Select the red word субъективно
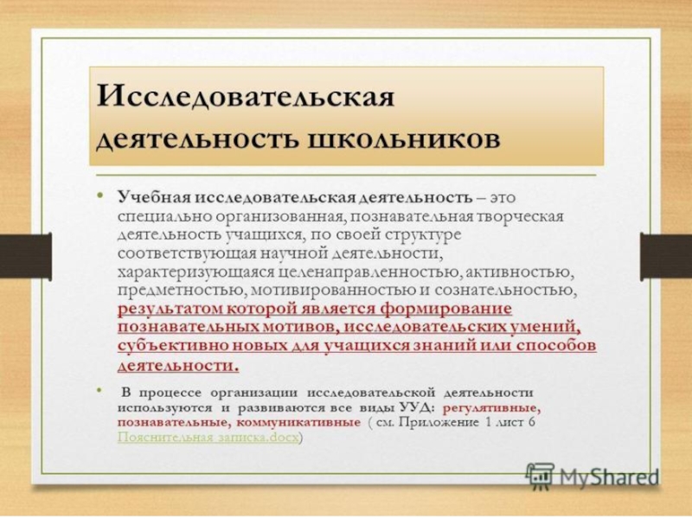click(x=167, y=346)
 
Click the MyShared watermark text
click(x=606, y=476)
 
